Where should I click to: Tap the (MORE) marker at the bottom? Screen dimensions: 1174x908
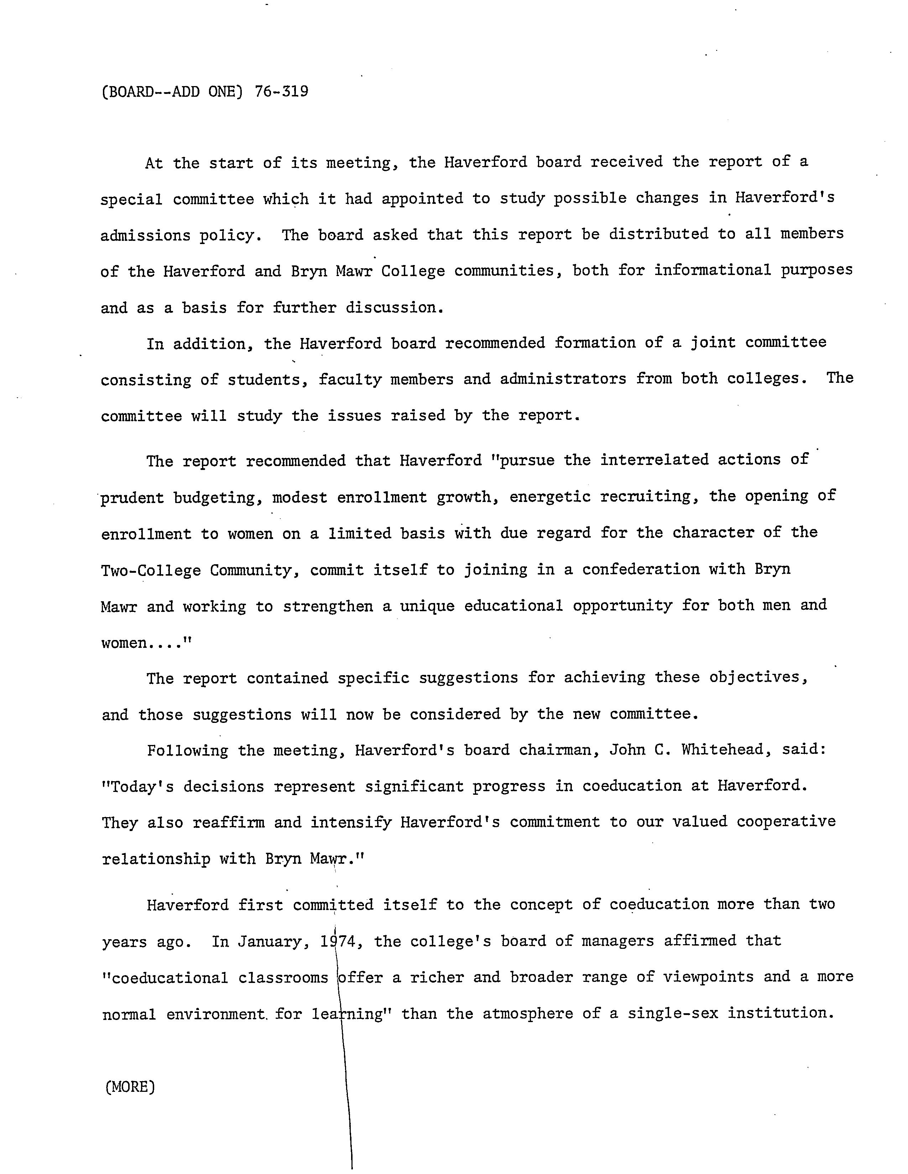(x=130, y=1087)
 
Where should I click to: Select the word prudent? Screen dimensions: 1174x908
(x=132, y=498)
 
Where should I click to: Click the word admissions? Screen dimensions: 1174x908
(x=145, y=236)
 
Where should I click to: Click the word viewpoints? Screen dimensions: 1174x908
(x=708, y=977)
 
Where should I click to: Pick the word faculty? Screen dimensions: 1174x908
(x=350, y=380)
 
